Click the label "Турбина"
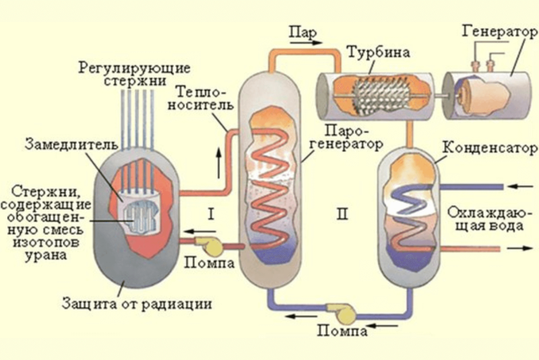pos(379,53)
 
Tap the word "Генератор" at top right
pos(499,32)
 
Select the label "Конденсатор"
pos(490,148)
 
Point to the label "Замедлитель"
pos(71,144)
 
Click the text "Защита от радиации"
pos(137,304)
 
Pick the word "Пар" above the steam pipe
pos(303,32)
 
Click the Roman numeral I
pos(211,214)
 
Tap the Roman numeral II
pos(342,214)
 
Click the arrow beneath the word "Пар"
pos(306,42)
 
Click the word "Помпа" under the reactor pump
pos(209,263)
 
